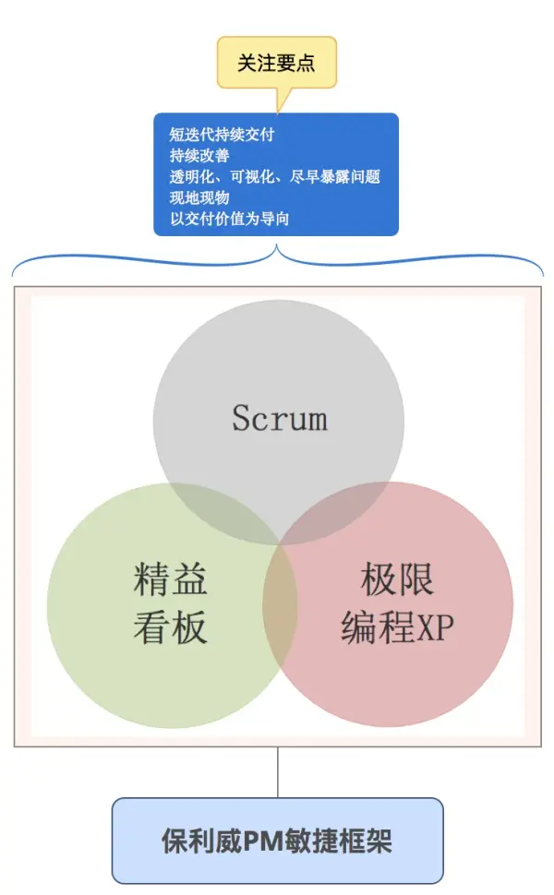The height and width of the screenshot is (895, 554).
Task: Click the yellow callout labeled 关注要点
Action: coord(276,63)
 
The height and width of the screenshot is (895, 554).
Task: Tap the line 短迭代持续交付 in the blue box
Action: coord(222,135)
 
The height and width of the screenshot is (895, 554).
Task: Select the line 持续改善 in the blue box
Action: coord(199,156)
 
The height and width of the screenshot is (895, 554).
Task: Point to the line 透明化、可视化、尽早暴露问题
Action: coord(274,177)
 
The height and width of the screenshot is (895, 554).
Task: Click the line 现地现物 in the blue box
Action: coord(199,197)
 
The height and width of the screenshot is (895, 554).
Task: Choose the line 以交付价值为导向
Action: coord(235,219)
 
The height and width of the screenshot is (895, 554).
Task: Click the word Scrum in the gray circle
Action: coord(279,419)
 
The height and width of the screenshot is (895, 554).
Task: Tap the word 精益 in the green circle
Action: coord(171,579)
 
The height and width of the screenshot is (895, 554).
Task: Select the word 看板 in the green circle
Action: coord(171,627)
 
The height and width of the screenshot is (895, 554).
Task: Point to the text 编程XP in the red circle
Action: coord(397,627)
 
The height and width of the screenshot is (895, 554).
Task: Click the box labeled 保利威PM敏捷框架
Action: coord(277,841)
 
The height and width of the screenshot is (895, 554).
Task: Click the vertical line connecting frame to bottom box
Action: coord(277,772)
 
